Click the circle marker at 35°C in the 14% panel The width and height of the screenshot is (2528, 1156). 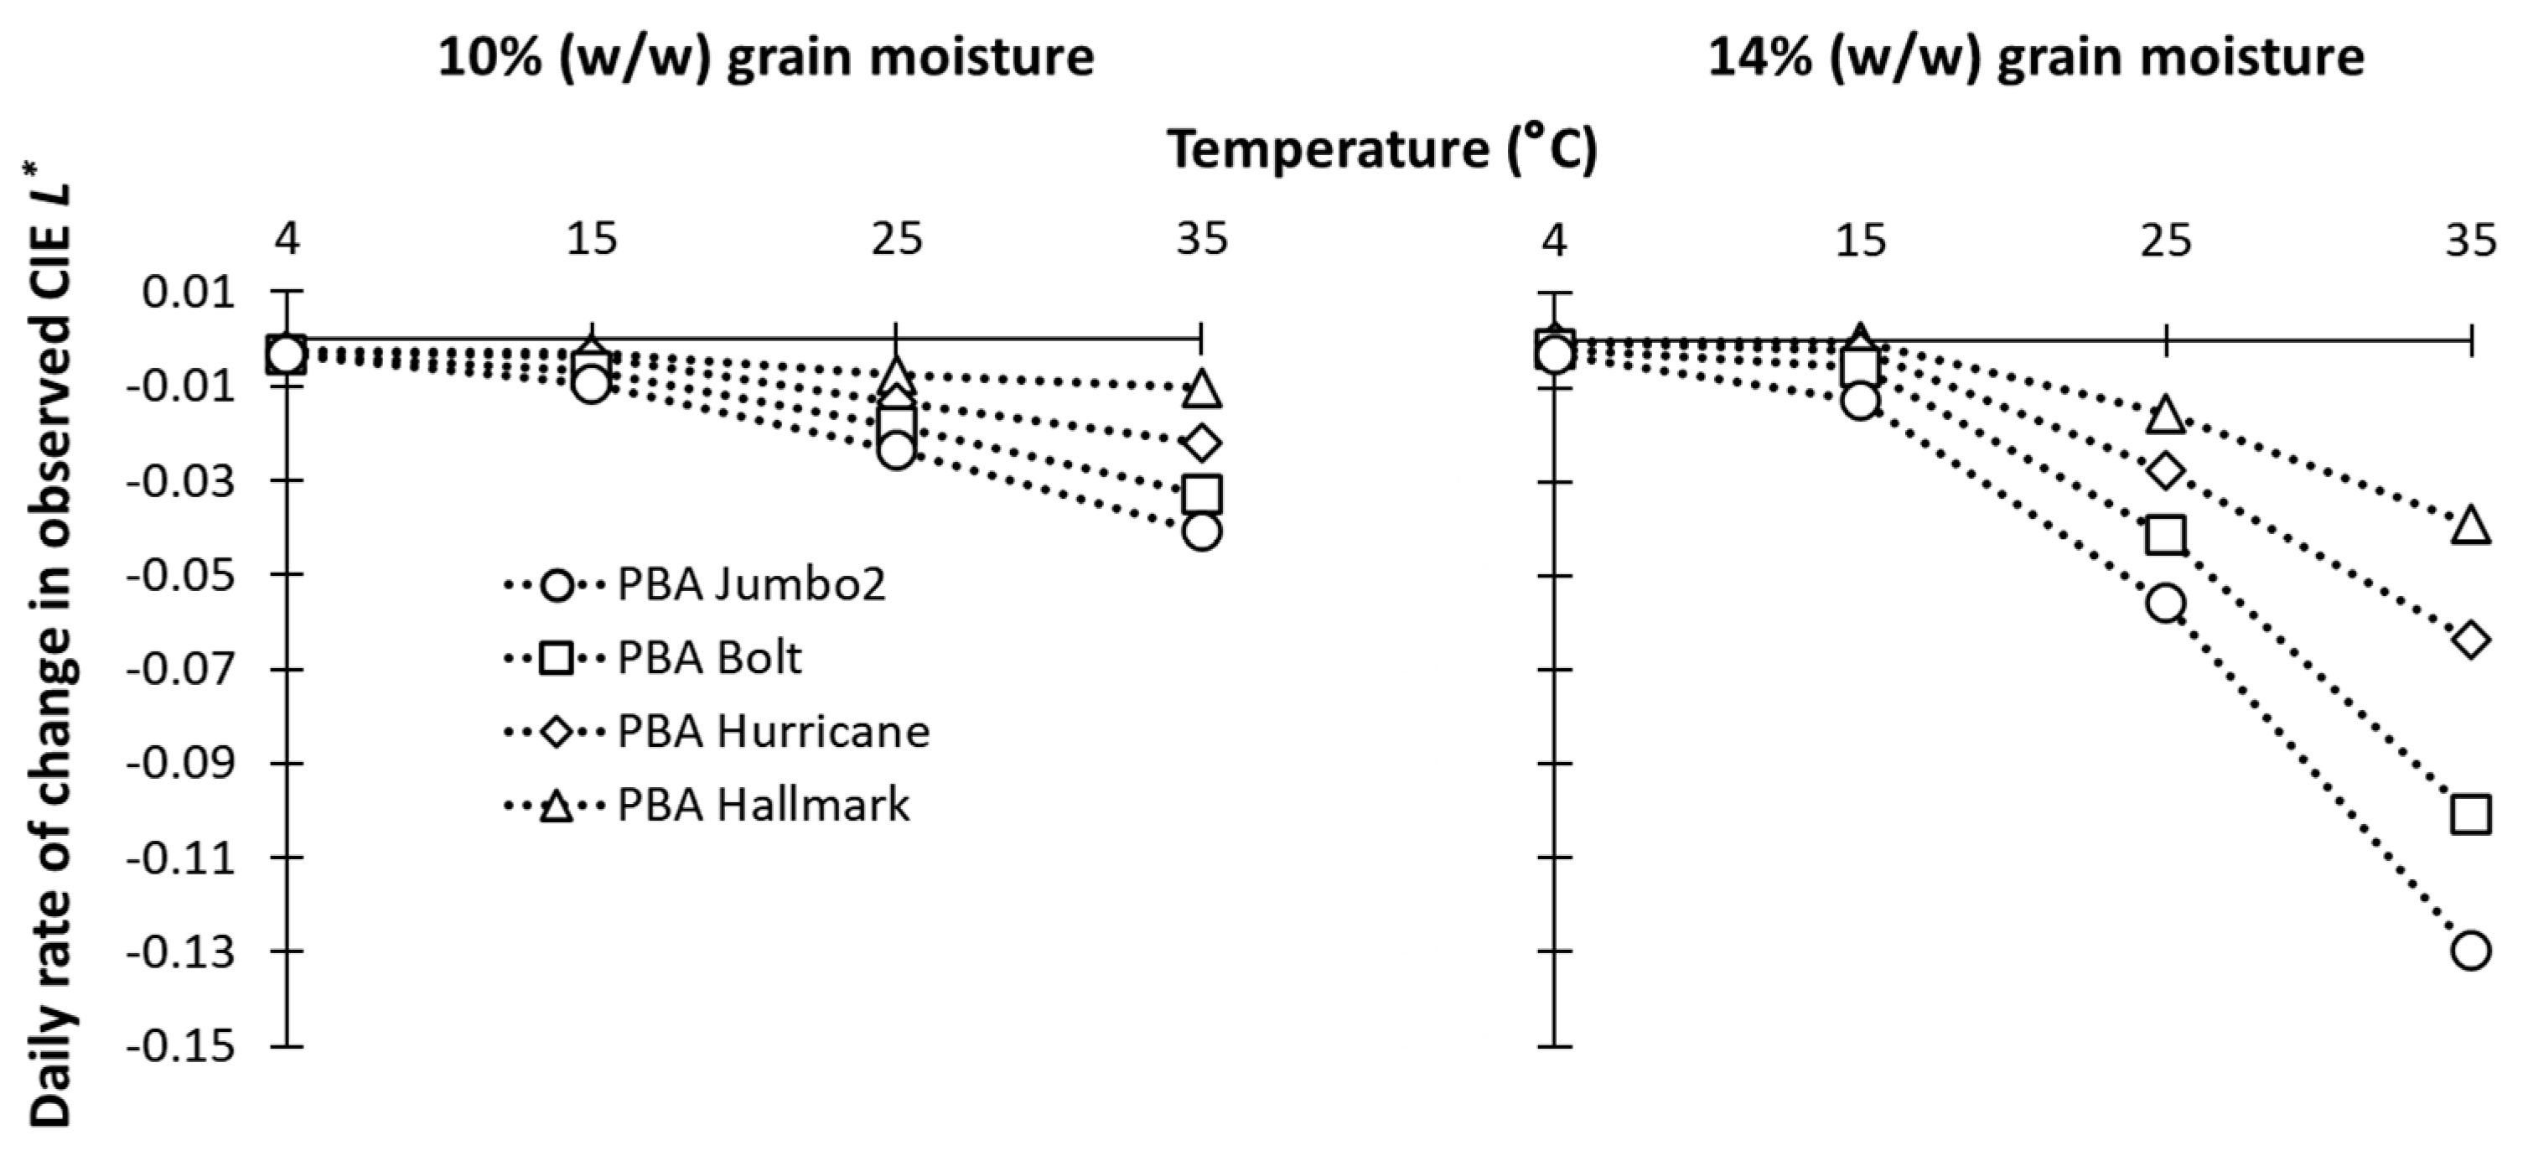click(x=2470, y=950)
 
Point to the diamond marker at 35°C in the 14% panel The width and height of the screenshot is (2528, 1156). click(x=2470, y=640)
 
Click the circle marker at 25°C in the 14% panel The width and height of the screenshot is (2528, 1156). click(x=2166, y=603)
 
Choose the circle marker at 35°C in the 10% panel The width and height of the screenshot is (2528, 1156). click(x=1202, y=531)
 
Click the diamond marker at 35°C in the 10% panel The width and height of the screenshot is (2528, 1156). click(x=1202, y=443)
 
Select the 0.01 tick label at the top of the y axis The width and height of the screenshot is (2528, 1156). click(x=189, y=292)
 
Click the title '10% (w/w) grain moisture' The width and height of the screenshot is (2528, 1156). click(x=765, y=57)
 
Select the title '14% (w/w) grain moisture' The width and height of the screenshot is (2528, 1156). click(x=2036, y=57)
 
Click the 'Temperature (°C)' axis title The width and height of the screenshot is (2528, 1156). click(x=1381, y=149)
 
